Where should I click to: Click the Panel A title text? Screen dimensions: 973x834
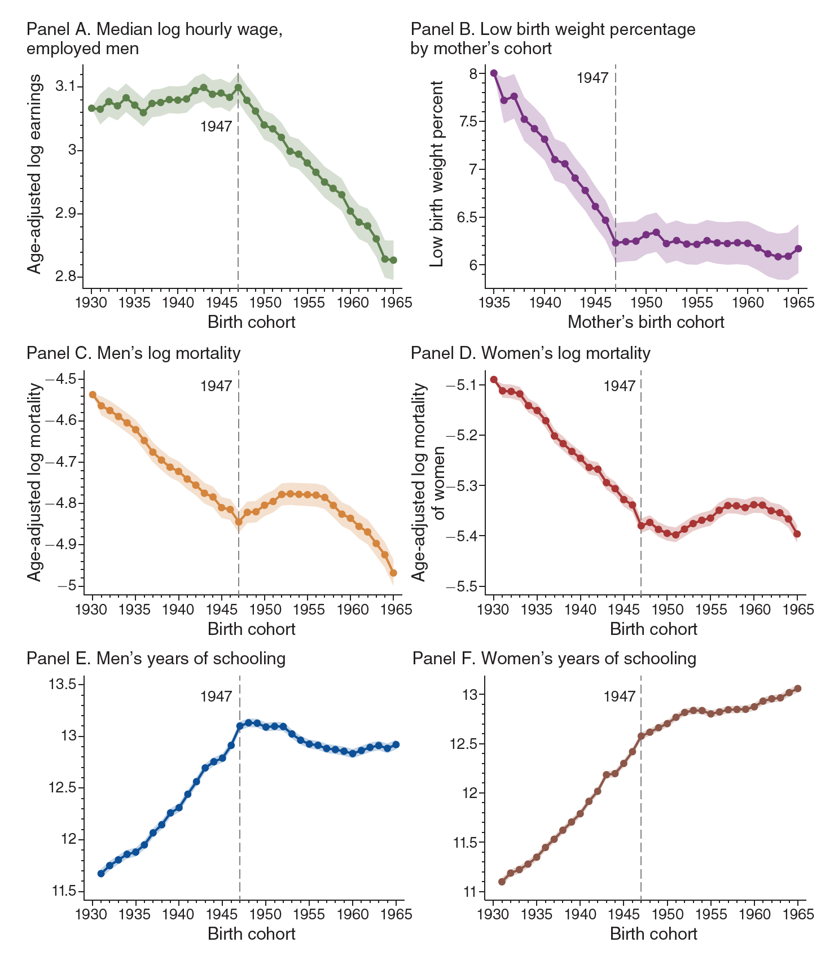pos(154,38)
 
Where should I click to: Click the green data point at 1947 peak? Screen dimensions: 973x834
pos(238,87)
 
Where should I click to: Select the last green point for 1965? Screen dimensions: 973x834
pos(393,260)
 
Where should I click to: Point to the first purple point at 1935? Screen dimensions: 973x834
pos(494,73)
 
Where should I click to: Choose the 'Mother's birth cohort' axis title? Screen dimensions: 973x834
pos(646,322)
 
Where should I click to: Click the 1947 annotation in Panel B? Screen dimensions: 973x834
pos(592,78)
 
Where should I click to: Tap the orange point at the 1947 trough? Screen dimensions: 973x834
pos(239,522)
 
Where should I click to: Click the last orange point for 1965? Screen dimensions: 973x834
pos(393,573)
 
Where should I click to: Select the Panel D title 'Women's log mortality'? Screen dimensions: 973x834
pos(530,353)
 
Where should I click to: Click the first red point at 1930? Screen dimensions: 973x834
pos(494,379)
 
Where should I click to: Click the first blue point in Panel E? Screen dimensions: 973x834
pos(101,874)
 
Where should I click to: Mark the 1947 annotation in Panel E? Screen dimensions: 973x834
pos(216,696)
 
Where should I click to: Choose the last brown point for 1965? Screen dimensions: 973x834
pos(797,688)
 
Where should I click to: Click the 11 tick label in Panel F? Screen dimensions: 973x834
pos(469,892)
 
